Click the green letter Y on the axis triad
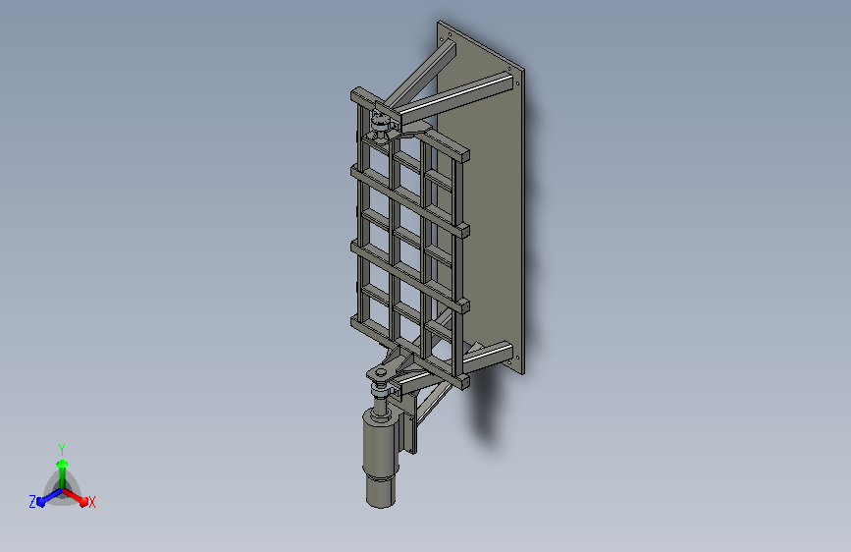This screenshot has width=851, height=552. [x=62, y=450]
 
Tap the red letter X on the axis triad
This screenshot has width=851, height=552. [x=91, y=502]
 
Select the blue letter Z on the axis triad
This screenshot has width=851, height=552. [x=32, y=502]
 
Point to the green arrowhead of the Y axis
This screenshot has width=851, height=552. [x=63, y=464]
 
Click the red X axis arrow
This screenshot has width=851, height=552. [x=75, y=496]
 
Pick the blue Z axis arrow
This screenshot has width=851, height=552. [x=50, y=497]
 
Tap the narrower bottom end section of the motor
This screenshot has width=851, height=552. [x=381, y=492]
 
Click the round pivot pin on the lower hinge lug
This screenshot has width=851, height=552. [x=381, y=372]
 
